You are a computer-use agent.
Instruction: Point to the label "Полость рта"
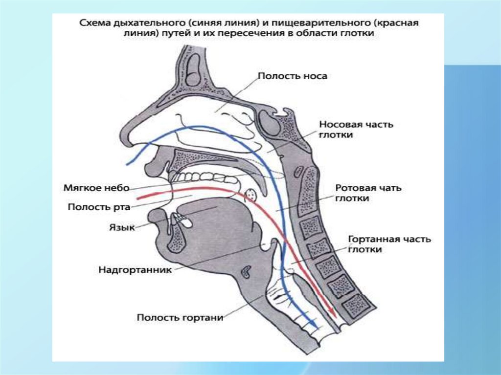(x=98, y=207)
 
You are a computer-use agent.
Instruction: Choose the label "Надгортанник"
(x=135, y=269)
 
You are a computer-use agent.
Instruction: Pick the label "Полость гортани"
(x=180, y=317)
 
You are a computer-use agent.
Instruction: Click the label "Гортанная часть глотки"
(x=389, y=244)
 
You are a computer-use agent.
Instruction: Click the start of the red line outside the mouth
(x=138, y=198)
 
